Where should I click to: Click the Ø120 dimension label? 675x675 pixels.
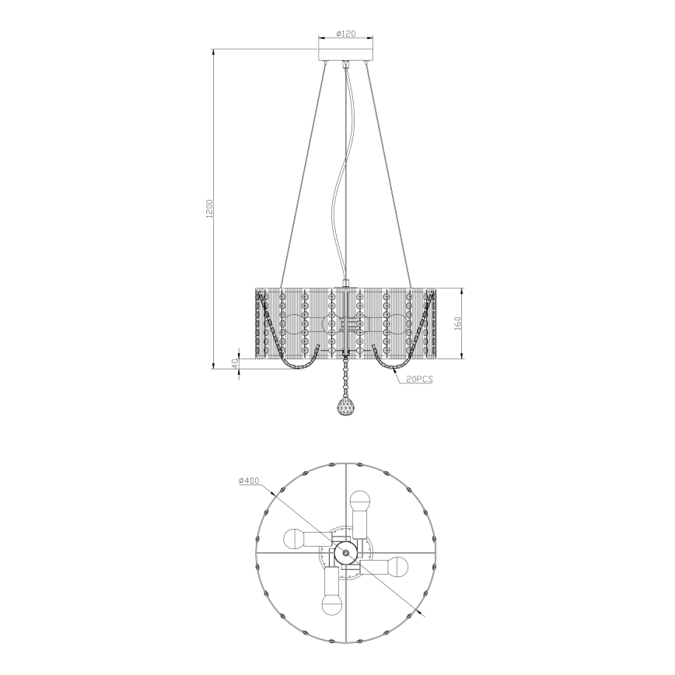pyautogui.click(x=345, y=33)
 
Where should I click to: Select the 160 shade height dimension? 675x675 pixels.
pyautogui.click(x=459, y=322)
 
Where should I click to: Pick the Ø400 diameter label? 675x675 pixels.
pyautogui.click(x=250, y=481)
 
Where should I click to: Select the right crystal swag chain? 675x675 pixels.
pyautogui.click(x=401, y=362)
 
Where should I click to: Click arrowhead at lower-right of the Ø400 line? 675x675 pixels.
pyautogui.click(x=425, y=614)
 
